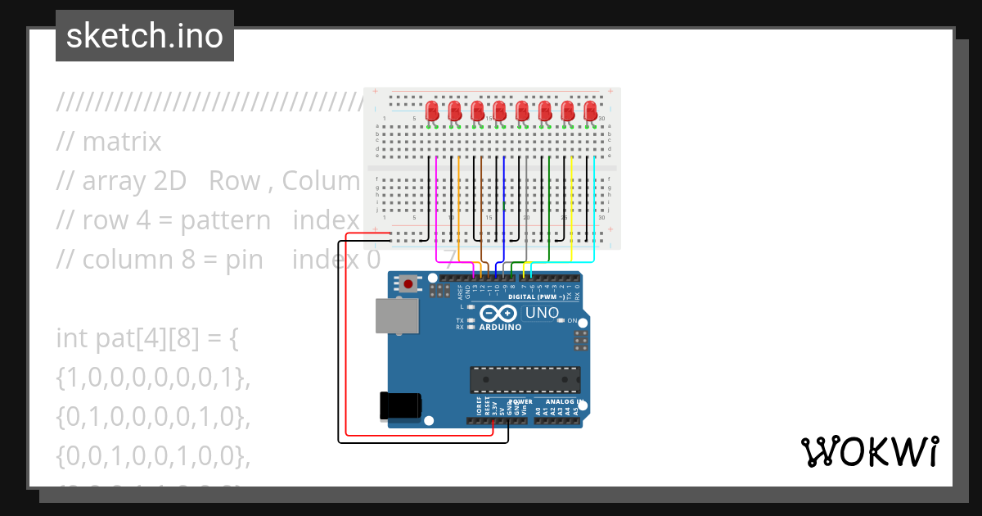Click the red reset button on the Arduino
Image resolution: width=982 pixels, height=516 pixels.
coord(407,284)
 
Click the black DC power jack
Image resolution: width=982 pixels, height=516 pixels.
coord(401,406)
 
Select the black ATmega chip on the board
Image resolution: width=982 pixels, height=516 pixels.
coord(525,380)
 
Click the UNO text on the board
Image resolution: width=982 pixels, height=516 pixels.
coord(541,313)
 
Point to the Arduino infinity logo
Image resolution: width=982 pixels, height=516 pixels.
coord(499,314)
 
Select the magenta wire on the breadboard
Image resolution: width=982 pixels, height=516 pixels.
coord(437,205)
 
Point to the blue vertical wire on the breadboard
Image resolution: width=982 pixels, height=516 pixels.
coord(504,205)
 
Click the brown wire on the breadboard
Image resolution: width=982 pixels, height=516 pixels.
coord(481,205)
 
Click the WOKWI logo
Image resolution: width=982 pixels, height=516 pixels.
coord(869,451)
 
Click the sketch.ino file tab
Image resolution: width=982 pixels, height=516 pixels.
coord(145,36)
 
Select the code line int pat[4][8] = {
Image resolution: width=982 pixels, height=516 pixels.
coord(147,337)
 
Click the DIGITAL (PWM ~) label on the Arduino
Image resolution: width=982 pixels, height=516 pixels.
coord(536,296)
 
